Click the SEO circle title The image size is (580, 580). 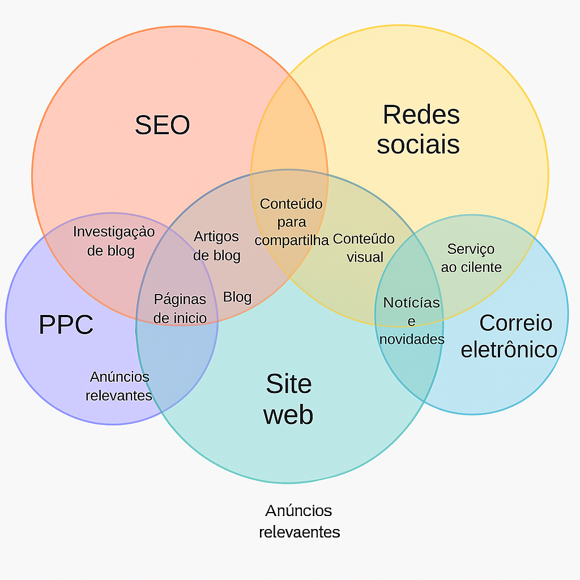(162, 125)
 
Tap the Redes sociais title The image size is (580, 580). (419, 130)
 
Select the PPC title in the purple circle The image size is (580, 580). (66, 325)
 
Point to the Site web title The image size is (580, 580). (288, 399)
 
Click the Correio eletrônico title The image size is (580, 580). (509, 336)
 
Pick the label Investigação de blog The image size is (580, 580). (113, 241)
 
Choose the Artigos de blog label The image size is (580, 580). (216, 246)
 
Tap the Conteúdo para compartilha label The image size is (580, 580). (291, 221)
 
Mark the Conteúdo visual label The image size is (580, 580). (364, 248)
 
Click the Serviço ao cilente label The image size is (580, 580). (471, 258)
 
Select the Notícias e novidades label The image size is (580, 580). (412, 321)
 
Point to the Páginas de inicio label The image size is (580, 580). (180, 308)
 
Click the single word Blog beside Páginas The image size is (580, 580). (237, 297)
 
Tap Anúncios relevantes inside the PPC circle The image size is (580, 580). (119, 386)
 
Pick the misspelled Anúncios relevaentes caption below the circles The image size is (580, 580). (299, 521)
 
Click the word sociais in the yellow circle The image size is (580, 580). (418, 144)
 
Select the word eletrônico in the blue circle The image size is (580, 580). (509, 349)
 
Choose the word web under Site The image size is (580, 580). (288, 415)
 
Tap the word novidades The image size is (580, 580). (412, 339)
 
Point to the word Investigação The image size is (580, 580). (114, 232)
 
